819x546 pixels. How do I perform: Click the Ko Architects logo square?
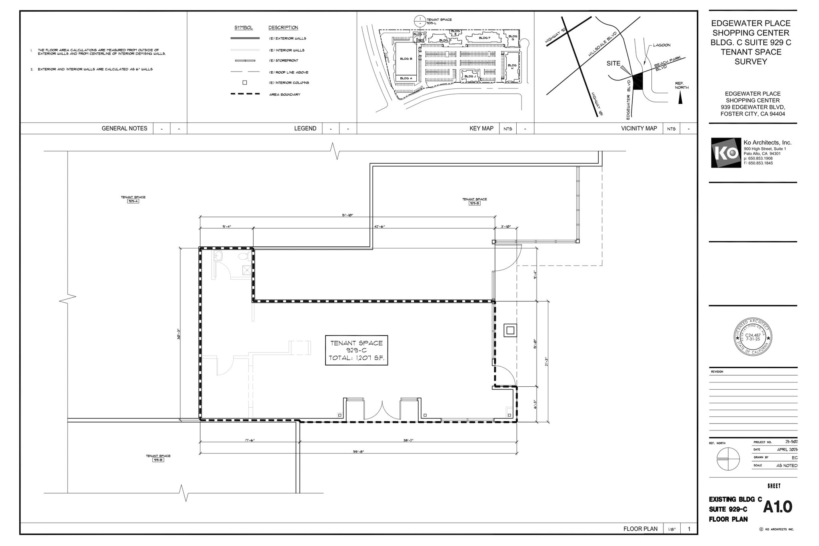coord(726,153)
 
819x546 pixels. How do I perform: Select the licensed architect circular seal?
coord(752,337)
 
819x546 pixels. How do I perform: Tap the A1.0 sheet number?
coord(777,507)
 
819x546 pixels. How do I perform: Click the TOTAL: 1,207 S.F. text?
coord(356,358)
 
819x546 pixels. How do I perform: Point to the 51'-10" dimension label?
coord(347,215)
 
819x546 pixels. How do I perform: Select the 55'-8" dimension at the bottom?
coord(358,452)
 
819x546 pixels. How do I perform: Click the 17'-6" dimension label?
coord(250,440)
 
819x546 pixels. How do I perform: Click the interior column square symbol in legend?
coord(245,83)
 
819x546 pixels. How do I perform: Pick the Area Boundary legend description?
coord(285,95)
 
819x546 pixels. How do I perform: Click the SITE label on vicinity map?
coord(613,64)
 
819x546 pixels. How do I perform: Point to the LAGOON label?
coord(661,45)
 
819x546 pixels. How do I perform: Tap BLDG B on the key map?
coord(406,59)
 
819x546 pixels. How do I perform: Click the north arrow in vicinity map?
coord(680,97)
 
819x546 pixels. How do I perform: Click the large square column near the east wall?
coord(510,330)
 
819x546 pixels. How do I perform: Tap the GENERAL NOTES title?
coord(124,128)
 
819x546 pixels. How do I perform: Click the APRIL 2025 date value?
coord(787,450)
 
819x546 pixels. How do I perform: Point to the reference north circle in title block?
coord(728,459)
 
